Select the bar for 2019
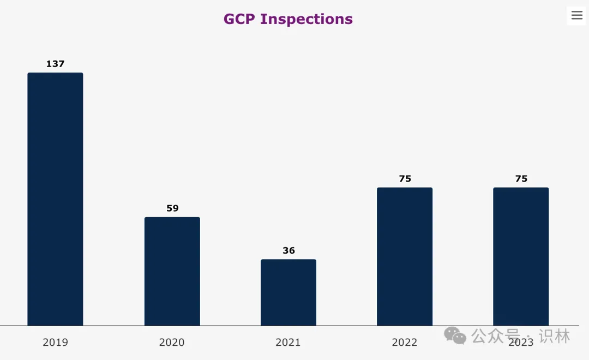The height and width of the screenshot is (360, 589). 55,199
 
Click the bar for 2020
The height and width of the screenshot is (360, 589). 172,271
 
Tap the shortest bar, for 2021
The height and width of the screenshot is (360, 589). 288,292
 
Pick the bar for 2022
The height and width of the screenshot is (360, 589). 405,256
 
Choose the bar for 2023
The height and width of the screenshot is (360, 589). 521,256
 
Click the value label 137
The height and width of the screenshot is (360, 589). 55,64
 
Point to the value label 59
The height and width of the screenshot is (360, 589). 172,208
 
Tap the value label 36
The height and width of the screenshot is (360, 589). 289,250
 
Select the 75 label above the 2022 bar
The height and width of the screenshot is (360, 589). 405,178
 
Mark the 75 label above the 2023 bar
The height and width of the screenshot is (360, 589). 521,178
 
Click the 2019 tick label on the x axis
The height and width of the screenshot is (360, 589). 55,343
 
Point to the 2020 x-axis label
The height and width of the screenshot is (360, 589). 172,343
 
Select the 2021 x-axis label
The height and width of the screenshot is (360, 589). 288,343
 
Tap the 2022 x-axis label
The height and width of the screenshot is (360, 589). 405,343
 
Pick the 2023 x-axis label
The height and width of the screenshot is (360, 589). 521,343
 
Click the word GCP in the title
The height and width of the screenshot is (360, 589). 239,19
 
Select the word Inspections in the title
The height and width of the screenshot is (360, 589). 306,19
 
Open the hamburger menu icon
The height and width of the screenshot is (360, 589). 576,15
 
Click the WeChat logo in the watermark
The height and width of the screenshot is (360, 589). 455,335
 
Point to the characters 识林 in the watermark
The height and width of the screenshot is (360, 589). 554,335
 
